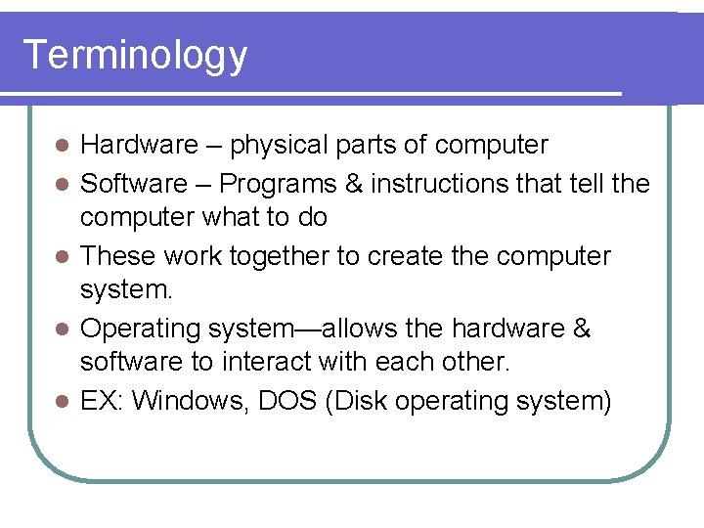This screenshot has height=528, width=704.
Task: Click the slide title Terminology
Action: (x=135, y=55)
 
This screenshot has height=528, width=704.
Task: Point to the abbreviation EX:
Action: (x=102, y=401)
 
